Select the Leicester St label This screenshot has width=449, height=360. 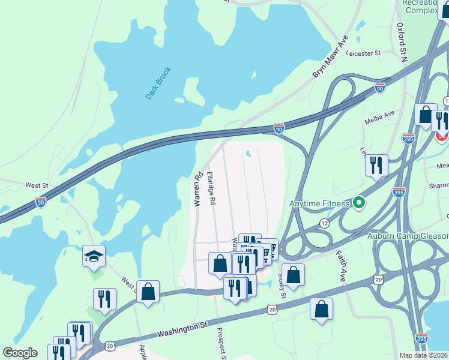tap(363, 53)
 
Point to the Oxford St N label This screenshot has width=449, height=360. tap(402, 42)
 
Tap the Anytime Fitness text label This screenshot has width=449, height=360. tap(319, 203)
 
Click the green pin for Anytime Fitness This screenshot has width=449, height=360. tap(359, 203)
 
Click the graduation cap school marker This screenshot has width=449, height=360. tap(94, 256)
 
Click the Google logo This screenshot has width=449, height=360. tap(20, 353)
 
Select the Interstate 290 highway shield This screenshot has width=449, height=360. tap(408, 138)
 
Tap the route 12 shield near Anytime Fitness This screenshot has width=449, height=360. tap(324, 223)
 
